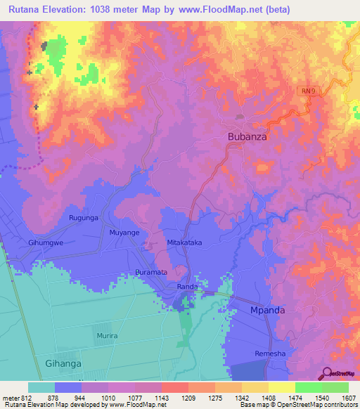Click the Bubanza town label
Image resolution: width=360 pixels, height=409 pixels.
click(x=247, y=137)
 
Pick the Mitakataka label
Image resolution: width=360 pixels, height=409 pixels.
click(x=185, y=242)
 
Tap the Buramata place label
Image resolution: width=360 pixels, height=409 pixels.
click(x=151, y=271)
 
